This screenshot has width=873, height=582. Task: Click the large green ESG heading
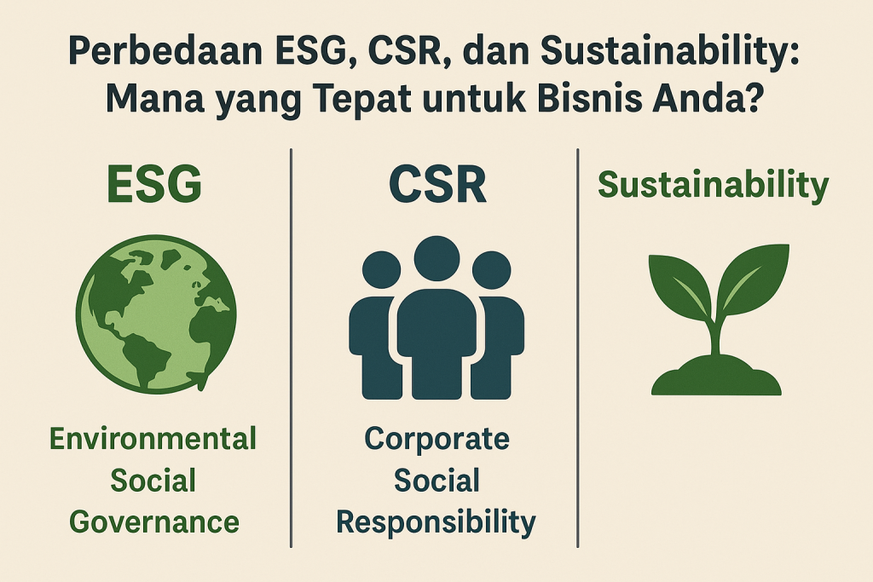click(x=154, y=185)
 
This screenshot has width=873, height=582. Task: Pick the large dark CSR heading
click(x=436, y=185)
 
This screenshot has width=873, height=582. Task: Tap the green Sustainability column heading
click(x=713, y=186)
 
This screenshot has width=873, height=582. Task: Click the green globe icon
click(x=154, y=314)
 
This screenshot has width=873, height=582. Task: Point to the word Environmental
click(x=153, y=440)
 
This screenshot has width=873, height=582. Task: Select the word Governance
click(x=154, y=521)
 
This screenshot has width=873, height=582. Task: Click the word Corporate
click(x=436, y=440)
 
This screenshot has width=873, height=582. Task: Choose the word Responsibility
click(x=436, y=521)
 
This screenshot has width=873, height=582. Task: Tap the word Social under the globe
click(x=154, y=480)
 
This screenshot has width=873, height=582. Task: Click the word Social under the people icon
click(x=436, y=480)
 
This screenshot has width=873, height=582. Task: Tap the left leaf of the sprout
click(x=679, y=285)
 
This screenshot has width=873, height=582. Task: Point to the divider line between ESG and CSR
click(x=292, y=341)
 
